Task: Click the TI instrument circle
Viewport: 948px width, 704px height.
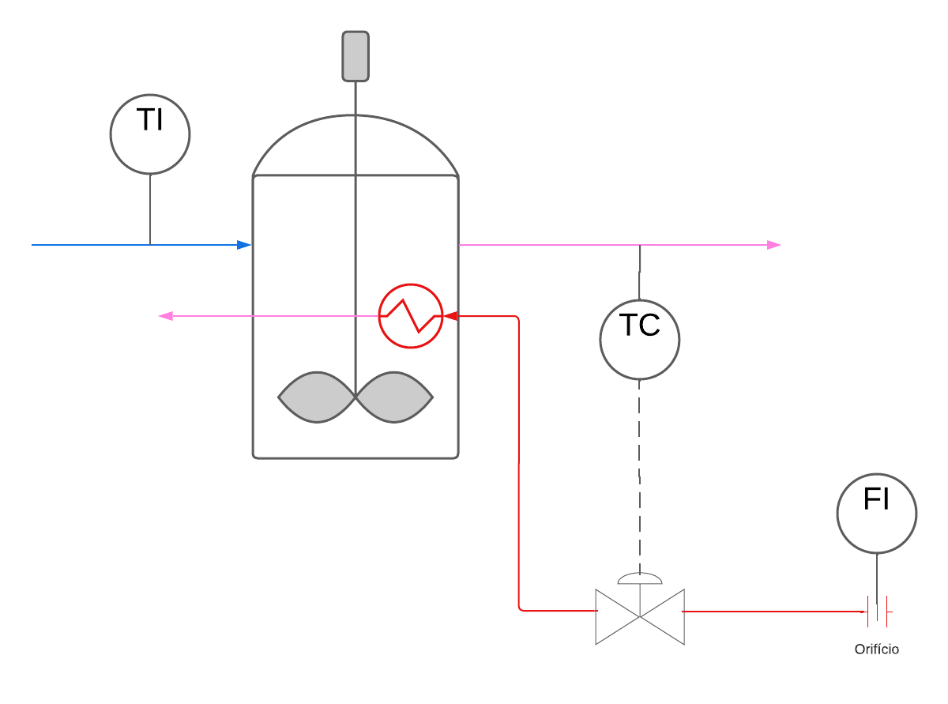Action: (x=150, y=134)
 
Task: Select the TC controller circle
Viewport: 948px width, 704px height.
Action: (x=640, y=340)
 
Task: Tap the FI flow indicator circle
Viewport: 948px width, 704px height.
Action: (x=877, y=514)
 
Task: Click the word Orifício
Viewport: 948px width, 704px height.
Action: (x=876, y=649)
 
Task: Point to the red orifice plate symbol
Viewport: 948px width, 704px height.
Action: (x=878, y=611)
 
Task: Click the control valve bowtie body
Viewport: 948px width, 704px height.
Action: (x=640, y=616)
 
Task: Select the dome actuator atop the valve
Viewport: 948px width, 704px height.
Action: (x=640, y=578)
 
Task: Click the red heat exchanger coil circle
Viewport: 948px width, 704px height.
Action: (x=411, y=316)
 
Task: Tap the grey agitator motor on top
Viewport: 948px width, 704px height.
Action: (x=355, y=56)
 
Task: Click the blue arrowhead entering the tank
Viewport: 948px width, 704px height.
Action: (x=244, y=245)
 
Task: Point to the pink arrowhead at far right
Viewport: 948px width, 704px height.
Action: (x=774, y=245)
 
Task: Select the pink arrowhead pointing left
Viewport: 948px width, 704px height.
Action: (x=166, y=316)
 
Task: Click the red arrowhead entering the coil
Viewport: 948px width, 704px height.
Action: (x=451, y=316)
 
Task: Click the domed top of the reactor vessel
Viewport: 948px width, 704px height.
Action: (x=355, y=146)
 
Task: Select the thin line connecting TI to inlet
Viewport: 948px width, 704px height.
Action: (x=150, y=209)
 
